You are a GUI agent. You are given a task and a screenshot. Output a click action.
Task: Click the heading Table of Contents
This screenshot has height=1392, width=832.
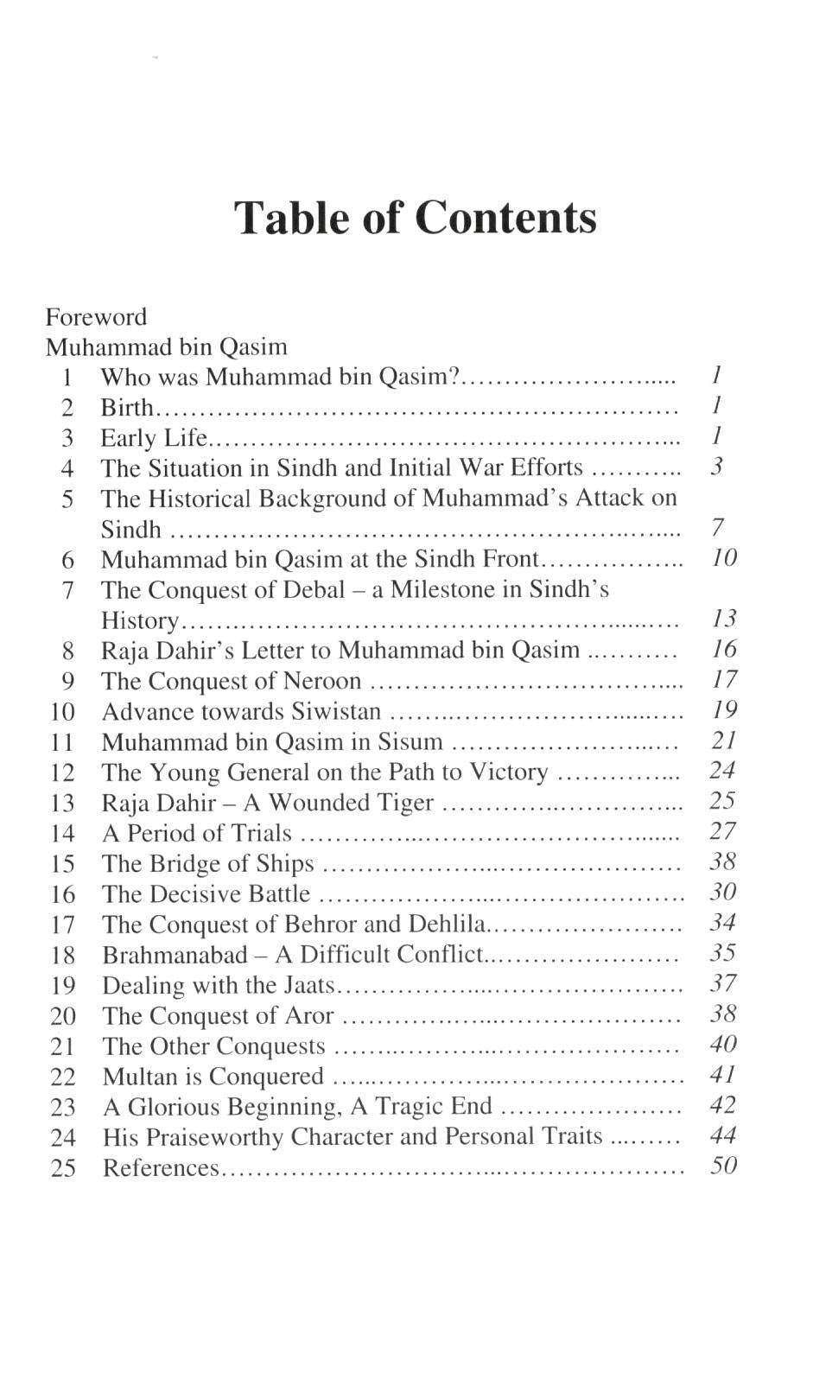[415, 217]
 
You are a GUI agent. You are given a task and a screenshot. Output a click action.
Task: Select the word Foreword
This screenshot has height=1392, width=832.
[96, 316]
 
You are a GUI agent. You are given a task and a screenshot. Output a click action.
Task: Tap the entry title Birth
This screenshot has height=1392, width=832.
[126, 407]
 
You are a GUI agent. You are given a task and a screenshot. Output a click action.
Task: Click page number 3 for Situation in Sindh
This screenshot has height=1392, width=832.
[716, 467]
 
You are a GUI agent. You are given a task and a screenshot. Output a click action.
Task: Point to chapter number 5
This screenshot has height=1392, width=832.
[67, 499]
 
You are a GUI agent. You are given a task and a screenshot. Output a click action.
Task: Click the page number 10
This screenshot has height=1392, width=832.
[723, 558]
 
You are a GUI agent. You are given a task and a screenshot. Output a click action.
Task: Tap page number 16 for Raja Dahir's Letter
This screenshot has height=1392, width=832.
[723, 649]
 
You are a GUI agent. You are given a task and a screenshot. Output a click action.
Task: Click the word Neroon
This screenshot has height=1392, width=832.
[322, 681]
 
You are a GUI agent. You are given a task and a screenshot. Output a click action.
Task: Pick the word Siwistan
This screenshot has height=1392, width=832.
[336, 711]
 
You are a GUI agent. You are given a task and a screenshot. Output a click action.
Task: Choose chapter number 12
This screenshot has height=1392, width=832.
[62, 772]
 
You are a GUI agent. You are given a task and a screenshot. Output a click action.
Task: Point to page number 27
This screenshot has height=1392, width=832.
[722, 831]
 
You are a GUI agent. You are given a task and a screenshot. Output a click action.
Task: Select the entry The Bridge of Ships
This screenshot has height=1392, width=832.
[207, 863]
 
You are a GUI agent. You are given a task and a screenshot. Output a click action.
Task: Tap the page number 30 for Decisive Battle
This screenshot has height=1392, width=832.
[722, 892]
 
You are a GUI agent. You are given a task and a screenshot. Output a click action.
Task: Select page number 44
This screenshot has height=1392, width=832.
[722, 1135]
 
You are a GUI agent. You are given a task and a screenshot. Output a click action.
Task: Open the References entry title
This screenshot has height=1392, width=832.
[161, 1168]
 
